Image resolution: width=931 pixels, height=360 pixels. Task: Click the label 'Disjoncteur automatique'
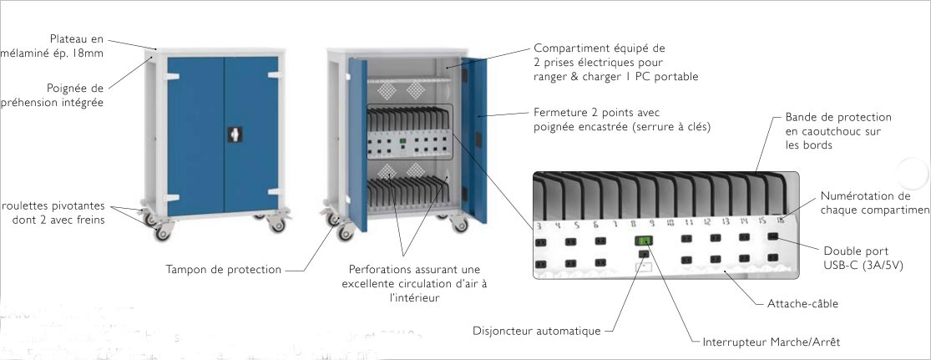pyautogui.click(x=537, y=332)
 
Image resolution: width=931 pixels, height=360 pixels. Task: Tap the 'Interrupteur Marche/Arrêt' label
pyautogui.click(x=772, y=342)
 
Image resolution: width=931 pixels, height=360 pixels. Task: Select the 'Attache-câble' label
pyautogui.click(x=802, y=303)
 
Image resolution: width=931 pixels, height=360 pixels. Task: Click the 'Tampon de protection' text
pyautogui.click(x=224, y=270)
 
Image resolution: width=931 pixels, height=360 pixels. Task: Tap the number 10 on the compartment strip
pyautogui.click(x=670, y=222)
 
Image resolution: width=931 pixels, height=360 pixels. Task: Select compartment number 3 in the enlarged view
pyautogui.click(x=539, y=226)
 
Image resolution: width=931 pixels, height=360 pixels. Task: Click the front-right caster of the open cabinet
pyautogui.click(x=459, y=224)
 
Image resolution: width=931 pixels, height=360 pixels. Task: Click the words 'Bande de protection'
pyautogui.click(x=838, y=117)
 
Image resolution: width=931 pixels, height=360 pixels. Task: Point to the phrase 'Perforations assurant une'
pyautogui.click(x=413, y=269)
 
